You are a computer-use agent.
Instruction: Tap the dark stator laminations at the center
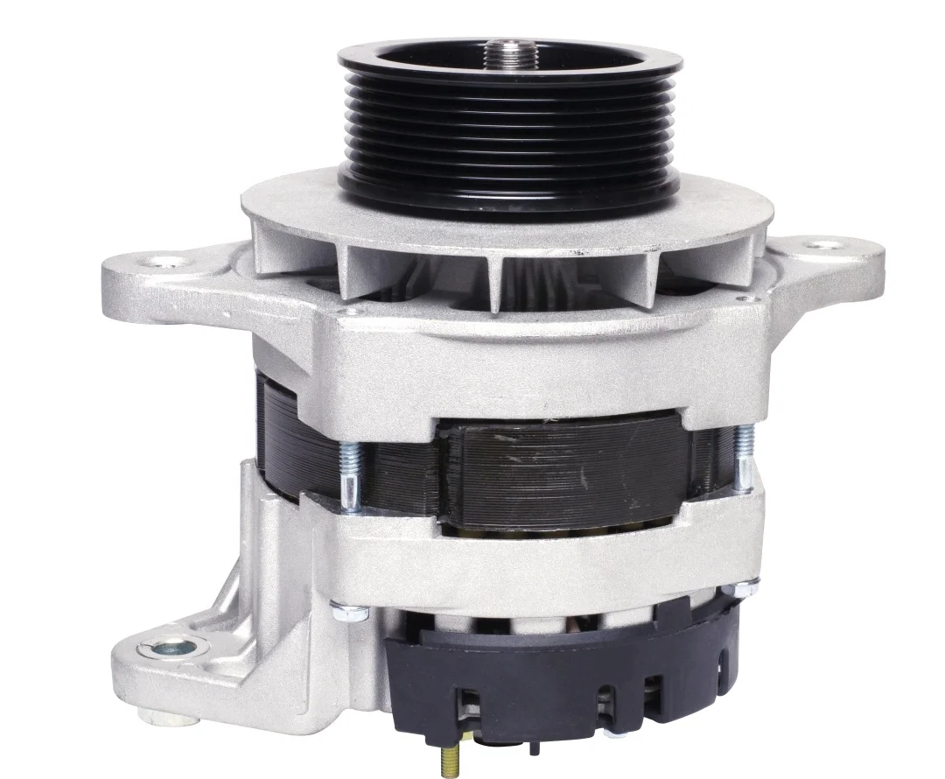tap(560, 473)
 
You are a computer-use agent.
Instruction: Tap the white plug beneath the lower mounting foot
tap(171, 719)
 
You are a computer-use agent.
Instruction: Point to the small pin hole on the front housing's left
tap(350, 310)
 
